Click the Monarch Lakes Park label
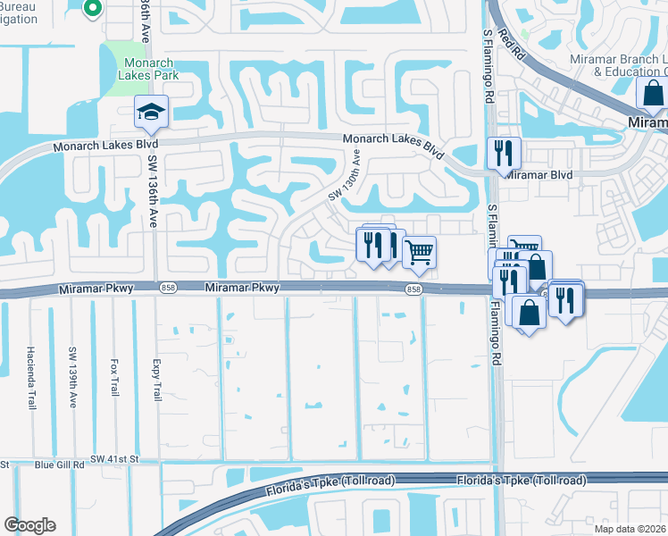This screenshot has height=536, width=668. (148, 70)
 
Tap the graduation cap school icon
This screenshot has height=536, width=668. (151, 113)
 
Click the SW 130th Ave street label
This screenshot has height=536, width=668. (346, 174)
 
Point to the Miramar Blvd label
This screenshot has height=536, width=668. (539, 176)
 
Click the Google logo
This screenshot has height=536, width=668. (29, 525)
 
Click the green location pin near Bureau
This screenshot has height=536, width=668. (91, 9)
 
